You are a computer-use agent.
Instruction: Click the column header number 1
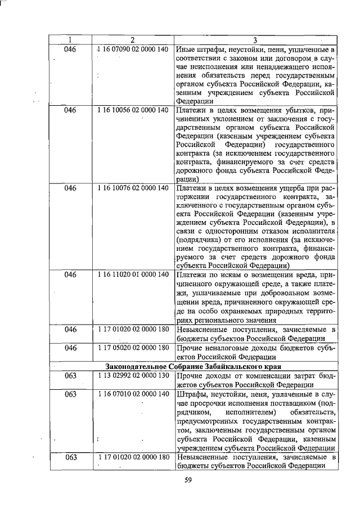[70, 40]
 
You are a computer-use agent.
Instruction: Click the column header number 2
[133, 40]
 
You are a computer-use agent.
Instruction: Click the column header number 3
[255, 40]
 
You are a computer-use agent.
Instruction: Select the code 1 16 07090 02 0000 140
[133, 49]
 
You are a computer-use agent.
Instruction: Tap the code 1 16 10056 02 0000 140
[133, 110]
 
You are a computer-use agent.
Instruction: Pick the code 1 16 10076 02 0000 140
[133, 188]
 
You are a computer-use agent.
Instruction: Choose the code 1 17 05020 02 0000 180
[133, 348]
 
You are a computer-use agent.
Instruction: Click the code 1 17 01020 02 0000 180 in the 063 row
[133, 457]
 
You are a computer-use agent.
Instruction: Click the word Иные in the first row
[186, 49]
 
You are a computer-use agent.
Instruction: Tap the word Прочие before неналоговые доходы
[189, 348]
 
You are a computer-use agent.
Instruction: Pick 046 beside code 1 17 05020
[70, 348]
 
